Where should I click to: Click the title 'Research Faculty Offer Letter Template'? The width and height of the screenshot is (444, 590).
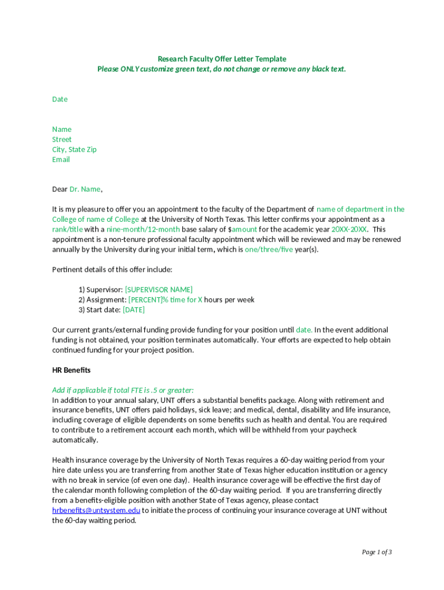pyautogui.click(x=222, y=59)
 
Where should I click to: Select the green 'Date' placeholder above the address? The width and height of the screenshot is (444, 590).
pyautogui.click(x=60, y=99)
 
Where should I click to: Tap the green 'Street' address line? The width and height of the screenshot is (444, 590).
pyautogui.click(x=62, y=139)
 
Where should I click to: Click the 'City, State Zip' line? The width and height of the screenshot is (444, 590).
pyautogui.click(x=74, y=149)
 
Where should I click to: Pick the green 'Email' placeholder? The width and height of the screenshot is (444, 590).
pyautogui.click(x=61, y=160)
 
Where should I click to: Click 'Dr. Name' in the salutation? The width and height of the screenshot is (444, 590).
pyautogui.click(x=85, y=189)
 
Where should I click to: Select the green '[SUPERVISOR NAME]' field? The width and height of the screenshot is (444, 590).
pyautogui.click(x=159, y=289)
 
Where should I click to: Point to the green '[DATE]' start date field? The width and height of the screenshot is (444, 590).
pyautogui.click(x=134, y=309)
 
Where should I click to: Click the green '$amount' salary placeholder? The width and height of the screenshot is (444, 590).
pyautogui.click(x=244, y=229)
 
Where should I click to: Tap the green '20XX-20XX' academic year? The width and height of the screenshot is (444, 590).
pyautogui.click(x=349, y=229)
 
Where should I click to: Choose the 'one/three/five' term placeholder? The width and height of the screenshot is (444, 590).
pyautogui.click(x=269, y=249)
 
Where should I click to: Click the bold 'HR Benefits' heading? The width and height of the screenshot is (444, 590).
pyautogui.click(x=72, y=370)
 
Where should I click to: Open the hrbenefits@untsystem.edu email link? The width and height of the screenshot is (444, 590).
pyautogui.click(x=96, y=510)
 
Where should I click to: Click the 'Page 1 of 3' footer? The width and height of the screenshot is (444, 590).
pyautogui.click(x=377, y=552)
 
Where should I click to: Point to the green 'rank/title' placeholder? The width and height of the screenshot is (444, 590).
pyautogui.click(x=67, y=229)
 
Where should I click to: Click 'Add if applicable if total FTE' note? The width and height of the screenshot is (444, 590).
pyautogui.click(x=123, y=390)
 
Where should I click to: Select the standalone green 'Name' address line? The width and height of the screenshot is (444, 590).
pyautogui.click(x=62, y=129)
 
